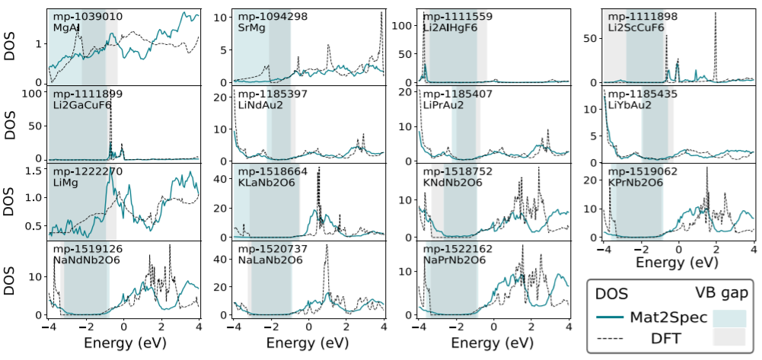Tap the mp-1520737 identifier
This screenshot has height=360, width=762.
click(271, 249)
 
